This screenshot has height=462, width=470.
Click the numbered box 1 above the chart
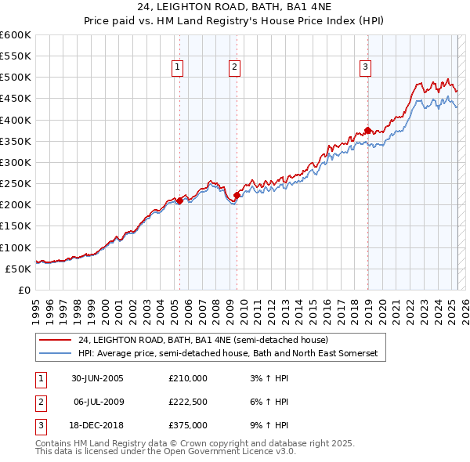point(178,68)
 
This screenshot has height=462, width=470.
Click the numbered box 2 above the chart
point(234,68)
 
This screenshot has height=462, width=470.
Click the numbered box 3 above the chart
point(365,68)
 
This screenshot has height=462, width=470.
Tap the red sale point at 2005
point(179,200)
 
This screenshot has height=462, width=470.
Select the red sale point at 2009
point(237,195)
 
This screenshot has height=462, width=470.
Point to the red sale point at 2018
point(367,131)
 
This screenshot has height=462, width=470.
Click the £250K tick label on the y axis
point(16,184)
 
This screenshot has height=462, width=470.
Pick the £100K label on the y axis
point(16,247)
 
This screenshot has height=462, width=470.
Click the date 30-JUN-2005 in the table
point(97,378)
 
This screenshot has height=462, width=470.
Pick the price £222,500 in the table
point(188,402)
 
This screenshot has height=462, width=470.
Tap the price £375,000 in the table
point(188,427)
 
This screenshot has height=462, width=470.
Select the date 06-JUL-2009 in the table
point(97,402)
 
